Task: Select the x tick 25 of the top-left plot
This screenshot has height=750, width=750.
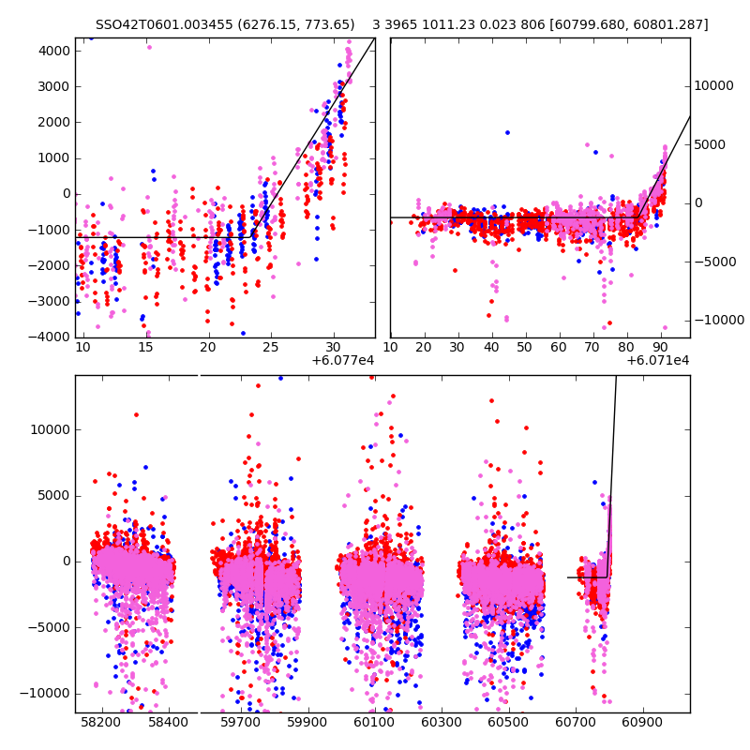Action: point(271,348)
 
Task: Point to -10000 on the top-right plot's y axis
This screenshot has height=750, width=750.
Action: point(719,320)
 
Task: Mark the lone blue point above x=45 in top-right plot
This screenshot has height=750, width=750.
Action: point(507,132)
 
